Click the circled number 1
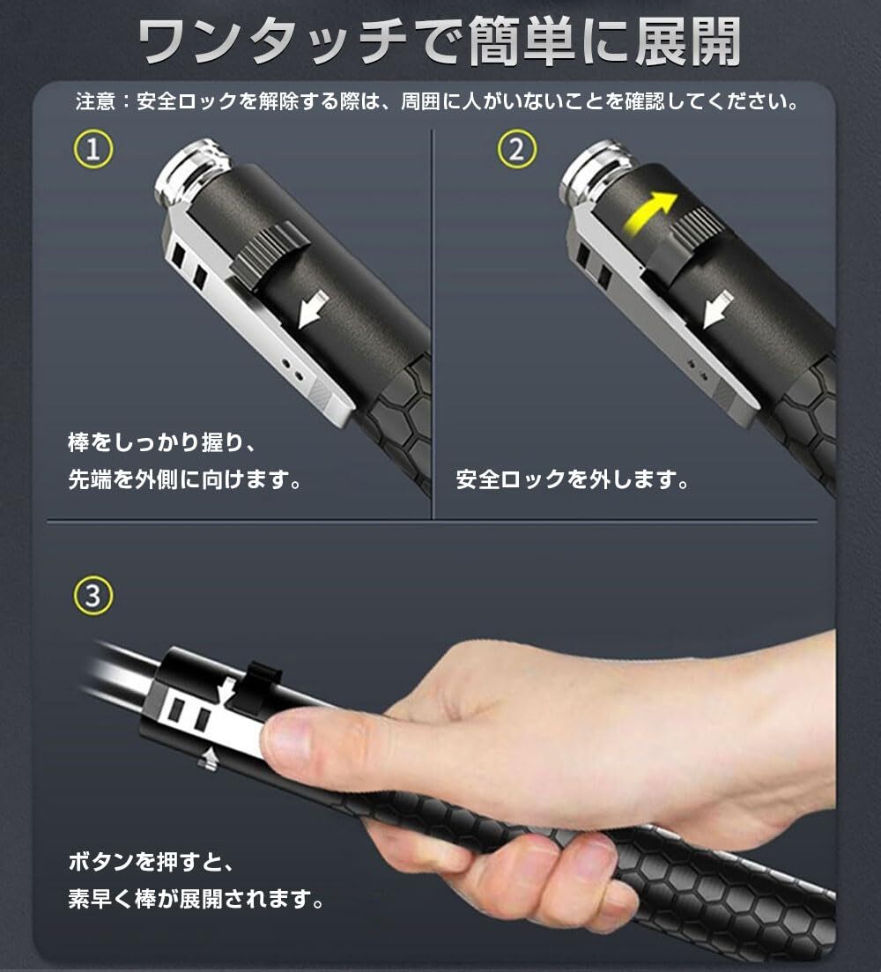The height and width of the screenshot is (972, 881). (93, 150)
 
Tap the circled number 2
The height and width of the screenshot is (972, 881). (516, 150)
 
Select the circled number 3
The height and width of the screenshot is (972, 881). (93, 596)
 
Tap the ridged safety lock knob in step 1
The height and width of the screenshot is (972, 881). (271, 253)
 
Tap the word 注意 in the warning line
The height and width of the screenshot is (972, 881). (96, 101)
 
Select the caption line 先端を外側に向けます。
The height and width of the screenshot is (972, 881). (185, 479)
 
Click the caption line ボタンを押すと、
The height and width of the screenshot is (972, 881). (151, 862)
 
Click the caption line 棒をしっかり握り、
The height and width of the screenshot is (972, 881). (162, 442)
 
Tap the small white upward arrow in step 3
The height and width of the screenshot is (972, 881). (211, 758)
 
